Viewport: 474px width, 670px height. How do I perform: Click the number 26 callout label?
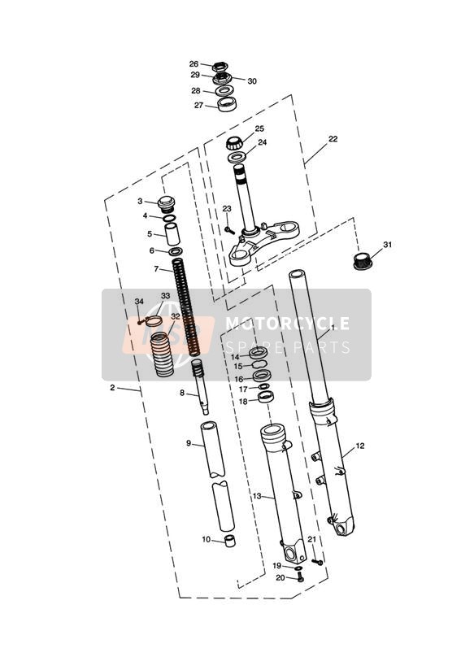pos(194,64)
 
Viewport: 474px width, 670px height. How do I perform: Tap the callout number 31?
pos(387,245)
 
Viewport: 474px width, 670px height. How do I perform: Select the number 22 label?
pos(333,139)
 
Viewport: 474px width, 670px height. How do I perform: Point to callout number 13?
pos(256,496)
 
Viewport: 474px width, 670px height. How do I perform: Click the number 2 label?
pos(112,388)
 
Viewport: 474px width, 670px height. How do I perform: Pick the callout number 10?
pos(207,540)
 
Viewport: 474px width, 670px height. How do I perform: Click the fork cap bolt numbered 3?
pos(167,203)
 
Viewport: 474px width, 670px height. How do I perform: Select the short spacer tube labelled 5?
pos(172,233)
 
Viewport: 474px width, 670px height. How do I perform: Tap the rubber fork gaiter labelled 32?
pos(163,355)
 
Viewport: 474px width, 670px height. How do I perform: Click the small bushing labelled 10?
pos(230,540)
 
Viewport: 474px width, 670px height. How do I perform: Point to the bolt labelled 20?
pos(300,579)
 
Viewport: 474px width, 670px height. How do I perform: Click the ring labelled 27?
pos(228,105)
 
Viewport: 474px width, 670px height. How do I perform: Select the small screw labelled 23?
pos(229,230)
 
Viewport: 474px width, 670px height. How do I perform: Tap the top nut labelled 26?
pos(220,67)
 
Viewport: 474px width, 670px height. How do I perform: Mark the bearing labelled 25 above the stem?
pos(235,142)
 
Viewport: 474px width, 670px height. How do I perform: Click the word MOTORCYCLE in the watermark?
pos(287,324)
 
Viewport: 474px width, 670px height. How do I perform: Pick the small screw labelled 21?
pos(318,562)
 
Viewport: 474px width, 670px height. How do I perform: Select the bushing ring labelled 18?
pos(267,397)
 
